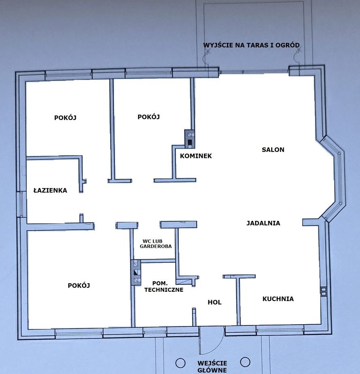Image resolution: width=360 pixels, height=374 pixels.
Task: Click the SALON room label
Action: coord(273,150)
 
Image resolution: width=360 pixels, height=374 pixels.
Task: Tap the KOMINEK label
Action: coord(196,156)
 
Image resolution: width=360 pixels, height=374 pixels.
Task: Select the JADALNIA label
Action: coord(263,223)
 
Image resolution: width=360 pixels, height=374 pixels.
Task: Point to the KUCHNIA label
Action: coord(278,299)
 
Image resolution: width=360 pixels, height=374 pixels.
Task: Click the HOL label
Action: coord(214,302)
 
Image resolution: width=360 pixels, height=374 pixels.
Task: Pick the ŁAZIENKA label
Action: coord(50,190)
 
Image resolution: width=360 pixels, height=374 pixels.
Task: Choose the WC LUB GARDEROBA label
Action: coord(156,244)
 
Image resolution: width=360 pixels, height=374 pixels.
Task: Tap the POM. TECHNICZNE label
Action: coord(164,286)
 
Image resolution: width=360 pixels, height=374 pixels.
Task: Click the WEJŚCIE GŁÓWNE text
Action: coord(212,367)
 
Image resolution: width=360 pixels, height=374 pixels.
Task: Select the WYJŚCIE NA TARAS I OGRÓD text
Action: coord(251,45)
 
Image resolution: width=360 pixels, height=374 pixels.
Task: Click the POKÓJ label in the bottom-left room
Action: coord(79,285)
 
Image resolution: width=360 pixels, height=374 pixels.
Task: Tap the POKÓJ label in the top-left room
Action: coord(65,118)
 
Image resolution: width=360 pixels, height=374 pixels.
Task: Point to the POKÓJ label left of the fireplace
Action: coord(149,117)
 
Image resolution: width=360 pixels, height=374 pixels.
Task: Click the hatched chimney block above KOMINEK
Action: coord(190,139)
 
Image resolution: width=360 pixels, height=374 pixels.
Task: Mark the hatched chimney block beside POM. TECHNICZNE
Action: coord(135,272)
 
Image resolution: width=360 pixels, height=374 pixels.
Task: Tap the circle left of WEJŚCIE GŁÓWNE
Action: coord(180,363)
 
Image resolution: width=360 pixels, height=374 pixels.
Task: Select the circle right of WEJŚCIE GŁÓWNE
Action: coord(245,362)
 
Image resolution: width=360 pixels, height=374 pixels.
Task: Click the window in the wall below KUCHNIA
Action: coord(280,331)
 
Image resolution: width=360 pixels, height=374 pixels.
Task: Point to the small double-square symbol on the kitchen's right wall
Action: coord(323,291)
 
